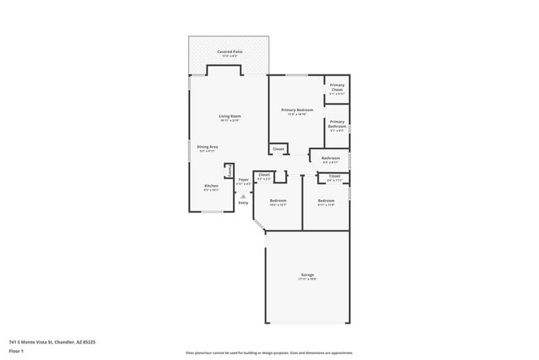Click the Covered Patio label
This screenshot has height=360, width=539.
[230, 51]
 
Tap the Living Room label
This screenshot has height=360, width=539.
[230, 115]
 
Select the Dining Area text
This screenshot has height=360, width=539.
[207, 147]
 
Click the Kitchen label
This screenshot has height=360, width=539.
[211, 185]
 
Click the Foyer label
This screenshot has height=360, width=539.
[244, 179]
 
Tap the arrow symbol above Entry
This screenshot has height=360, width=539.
[243, 196]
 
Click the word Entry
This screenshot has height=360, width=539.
[243, 202]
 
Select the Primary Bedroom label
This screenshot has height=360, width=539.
[297, 109]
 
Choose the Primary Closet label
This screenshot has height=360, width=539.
[337, 85]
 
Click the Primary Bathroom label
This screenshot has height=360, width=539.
[337, 122]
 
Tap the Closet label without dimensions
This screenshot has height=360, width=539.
[279, 149]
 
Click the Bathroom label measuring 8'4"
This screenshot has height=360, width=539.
[331, 158]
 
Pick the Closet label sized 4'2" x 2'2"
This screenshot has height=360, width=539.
[265, 175]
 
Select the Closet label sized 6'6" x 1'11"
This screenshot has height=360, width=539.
[334, 176]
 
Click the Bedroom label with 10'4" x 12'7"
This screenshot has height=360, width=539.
[278, 201]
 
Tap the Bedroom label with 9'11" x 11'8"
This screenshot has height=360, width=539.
[326, 201]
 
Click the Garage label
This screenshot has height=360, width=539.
[307, 275]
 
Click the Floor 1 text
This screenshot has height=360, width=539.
[17, 350]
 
